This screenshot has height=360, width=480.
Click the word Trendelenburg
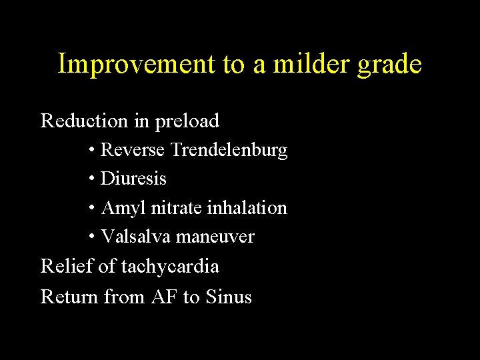tap(229, 151)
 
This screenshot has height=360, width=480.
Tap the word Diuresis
tap(133, 179)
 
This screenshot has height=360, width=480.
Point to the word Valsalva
tap(133, 237)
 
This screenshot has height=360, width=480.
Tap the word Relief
tap(67, 267)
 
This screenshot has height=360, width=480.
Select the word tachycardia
tap(169, 267)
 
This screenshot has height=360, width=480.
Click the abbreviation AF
tap(164, 297)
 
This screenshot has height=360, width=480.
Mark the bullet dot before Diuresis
tap(91, 180)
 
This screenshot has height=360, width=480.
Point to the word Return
tap(69, 297)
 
